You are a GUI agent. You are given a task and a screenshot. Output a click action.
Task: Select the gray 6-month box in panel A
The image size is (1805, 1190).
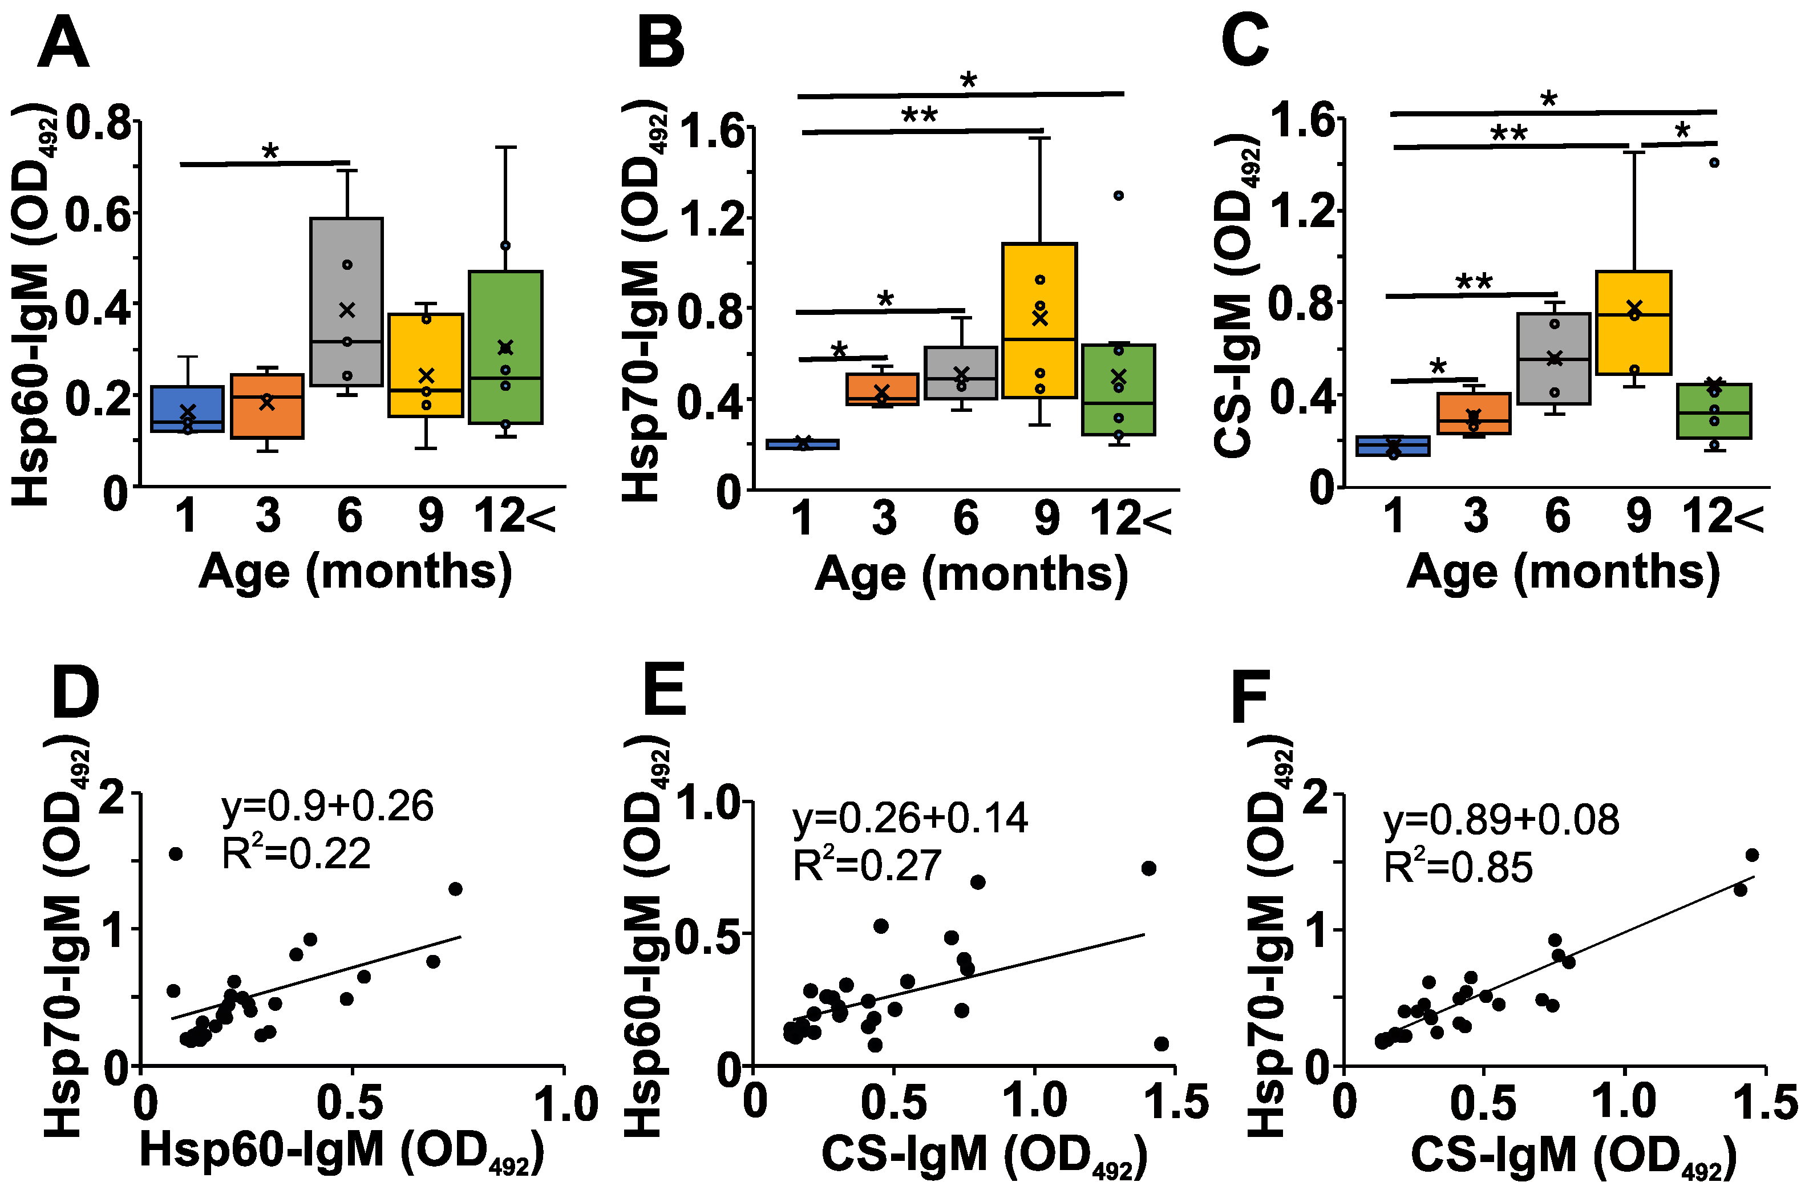click(x=346, y=301)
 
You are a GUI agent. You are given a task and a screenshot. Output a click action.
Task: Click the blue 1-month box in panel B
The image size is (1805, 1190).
click(x=802, y=444)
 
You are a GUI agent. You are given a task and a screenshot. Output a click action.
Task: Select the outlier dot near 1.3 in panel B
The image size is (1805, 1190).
click(x=1118, y=196)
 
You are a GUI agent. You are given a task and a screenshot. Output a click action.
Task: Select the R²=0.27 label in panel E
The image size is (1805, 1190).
click(x=867, y=866)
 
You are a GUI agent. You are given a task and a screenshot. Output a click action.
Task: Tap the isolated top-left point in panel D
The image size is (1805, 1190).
click(x=175, y=854)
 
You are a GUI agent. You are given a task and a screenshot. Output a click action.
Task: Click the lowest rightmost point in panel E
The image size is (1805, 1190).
click(x=1161, y=1045)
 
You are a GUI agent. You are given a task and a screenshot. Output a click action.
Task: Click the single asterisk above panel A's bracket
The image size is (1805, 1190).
click(x=270, y=152)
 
